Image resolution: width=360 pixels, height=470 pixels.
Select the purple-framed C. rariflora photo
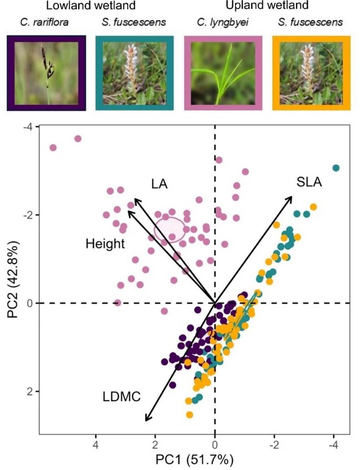click(x=46, y=73)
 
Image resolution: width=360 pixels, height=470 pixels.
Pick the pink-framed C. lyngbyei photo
click(x=223, y=73)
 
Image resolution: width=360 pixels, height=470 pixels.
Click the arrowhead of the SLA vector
click(x=292, y=196)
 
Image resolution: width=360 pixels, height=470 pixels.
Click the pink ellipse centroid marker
click(x=170, y=230)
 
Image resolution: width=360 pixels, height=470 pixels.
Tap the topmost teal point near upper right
click(x=336, y=168)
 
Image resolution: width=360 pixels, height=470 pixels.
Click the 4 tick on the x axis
click(x=96, y=444)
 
